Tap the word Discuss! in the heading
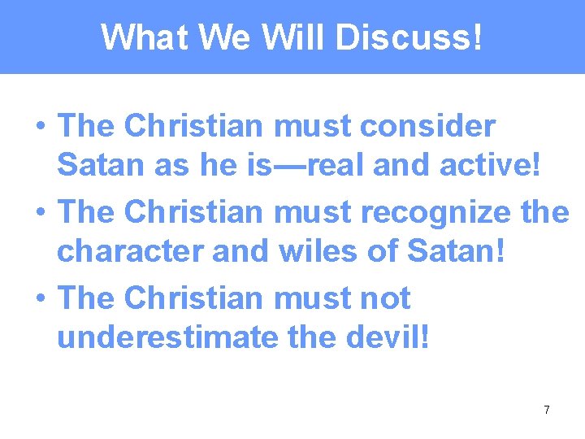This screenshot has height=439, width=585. tap(409, 37)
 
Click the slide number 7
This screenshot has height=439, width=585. tap(546, 410)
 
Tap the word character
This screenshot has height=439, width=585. tap(130, 252)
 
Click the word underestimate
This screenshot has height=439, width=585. tap(167, 337)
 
